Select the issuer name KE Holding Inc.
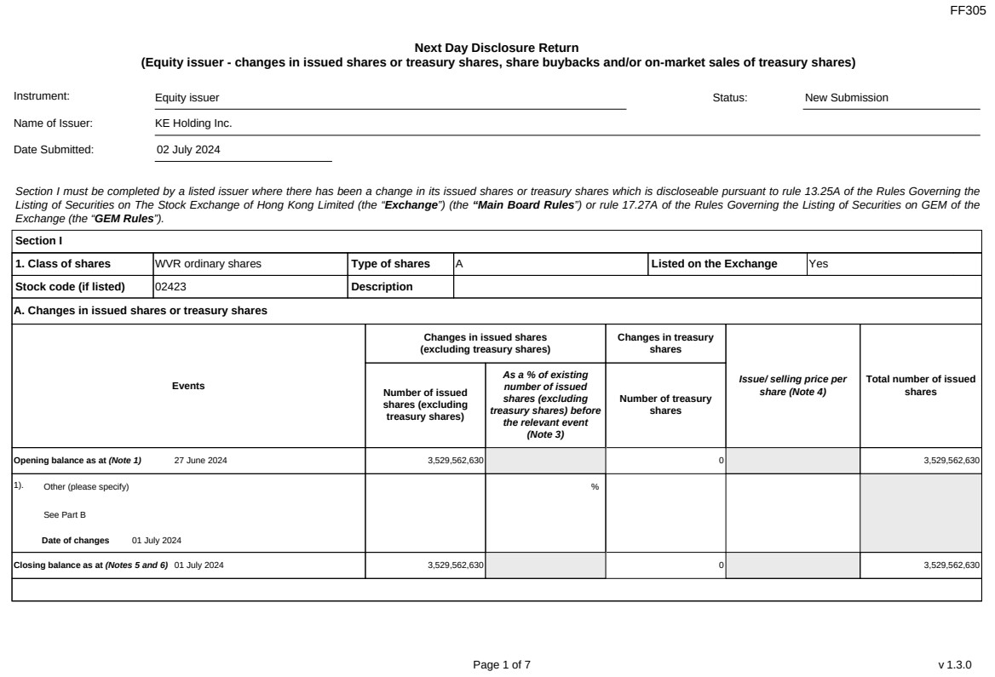pos(193,123)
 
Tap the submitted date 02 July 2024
pos(188,149)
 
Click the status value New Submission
pos(846,97)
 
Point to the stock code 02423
pos(170,286)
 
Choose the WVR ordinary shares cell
pos(208,264)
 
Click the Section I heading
pos(38,241)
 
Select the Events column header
pos(188,386)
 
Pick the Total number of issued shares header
pos(920,386)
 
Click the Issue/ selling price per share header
pos(792,386)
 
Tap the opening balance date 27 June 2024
pos(200,461)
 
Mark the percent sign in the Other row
pos(595,487)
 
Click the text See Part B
pos(65,514)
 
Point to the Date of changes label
pos(76,540)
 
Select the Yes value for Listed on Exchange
pos(818,264)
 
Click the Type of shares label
pos(390,264)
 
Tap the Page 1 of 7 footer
pos(502,664)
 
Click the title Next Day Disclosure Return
pos(496,48)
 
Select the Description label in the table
pos(382,286)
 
